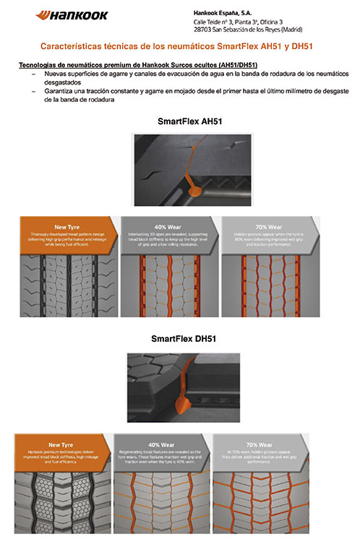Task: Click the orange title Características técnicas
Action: click(x=181, y=47)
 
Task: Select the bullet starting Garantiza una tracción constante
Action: click(x=195, y=95)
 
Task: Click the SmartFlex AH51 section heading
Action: click(x=189, y=121)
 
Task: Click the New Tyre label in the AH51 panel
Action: click(x=67, y=225)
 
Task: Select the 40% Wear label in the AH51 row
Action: click(x=168, y=225)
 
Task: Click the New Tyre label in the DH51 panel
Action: click(x=62, y=444)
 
